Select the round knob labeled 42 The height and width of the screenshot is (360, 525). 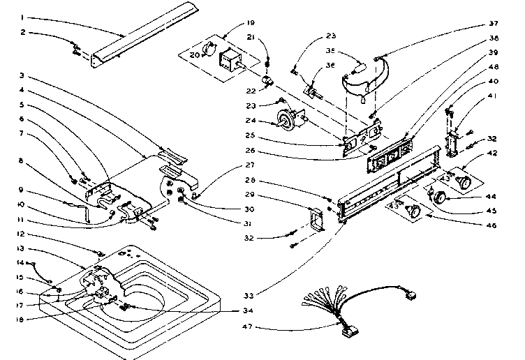(x=462, y=183)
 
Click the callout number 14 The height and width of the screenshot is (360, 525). (x=22, y=262)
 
